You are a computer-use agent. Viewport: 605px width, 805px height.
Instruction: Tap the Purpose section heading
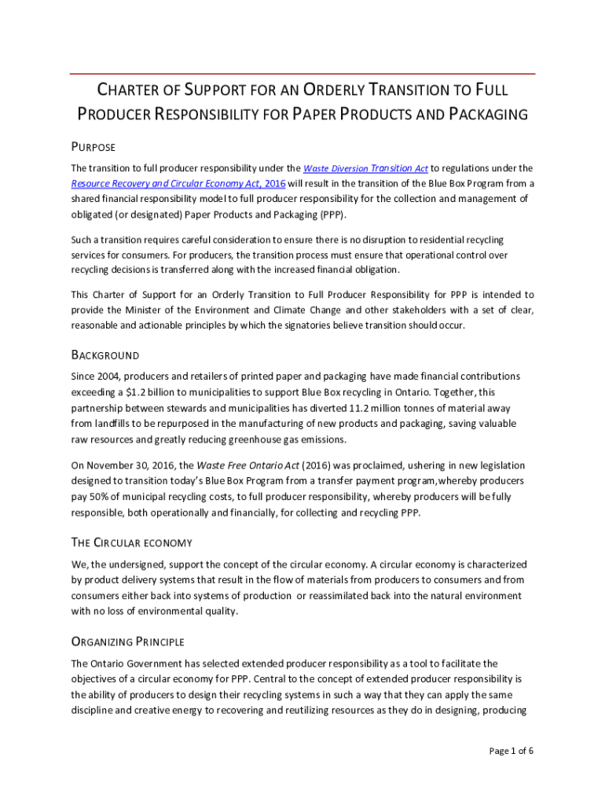(93, 147)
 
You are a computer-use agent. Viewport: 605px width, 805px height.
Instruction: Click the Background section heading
(105, 355)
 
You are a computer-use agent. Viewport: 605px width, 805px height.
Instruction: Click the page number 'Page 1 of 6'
(511, 751)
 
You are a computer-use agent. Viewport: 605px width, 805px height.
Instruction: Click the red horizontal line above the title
(302, 74)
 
